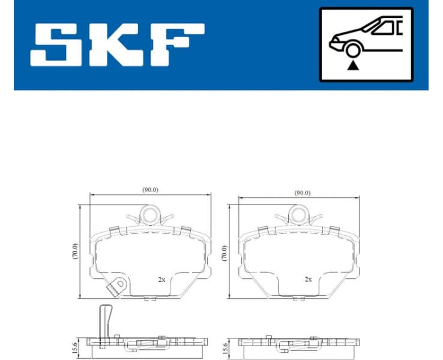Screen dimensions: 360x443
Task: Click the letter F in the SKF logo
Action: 174,45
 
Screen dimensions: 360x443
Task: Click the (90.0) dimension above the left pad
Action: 150,190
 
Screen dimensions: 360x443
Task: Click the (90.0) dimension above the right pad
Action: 302,193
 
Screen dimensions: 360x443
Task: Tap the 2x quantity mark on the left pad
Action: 161,280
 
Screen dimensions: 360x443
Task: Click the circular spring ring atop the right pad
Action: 297,214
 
